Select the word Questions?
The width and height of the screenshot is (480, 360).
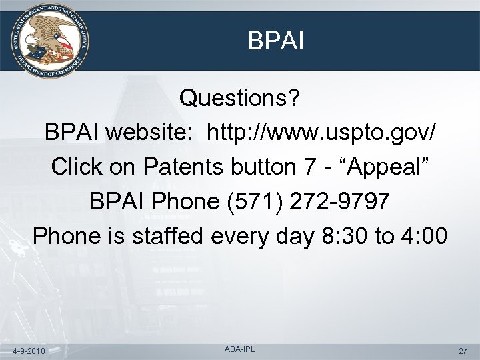241,100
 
